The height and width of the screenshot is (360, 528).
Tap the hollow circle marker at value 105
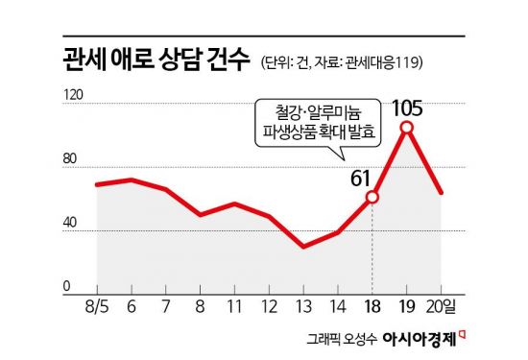coord(407,128)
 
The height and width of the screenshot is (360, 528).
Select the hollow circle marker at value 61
coord(372,197)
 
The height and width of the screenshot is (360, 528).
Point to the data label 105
coord(408,103)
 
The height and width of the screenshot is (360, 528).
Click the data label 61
coord(360,177)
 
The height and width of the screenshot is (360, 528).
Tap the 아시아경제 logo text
coord(420,340)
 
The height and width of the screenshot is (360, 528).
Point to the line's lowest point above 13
coord(303,247)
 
